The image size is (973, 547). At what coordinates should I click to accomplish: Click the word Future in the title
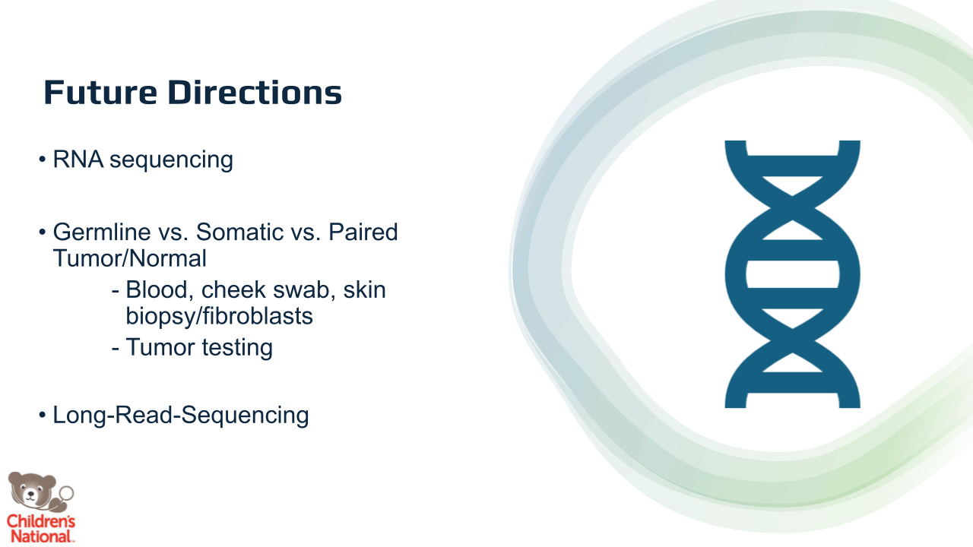(x=100, y=93)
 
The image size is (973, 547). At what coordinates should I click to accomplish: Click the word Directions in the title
(x=255, y=93)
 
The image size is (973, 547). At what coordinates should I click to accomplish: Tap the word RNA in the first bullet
(x=78, y=159)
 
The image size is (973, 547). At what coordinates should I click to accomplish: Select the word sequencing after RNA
(x=171, y=160)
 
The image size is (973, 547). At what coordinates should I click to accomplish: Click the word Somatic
(x=239, y=232)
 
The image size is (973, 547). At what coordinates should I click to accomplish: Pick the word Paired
(x=363, y=232)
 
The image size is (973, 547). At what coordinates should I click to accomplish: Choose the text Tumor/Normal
(x=129, y=258)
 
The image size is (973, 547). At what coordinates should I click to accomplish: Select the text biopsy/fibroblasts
(x=220, y=317)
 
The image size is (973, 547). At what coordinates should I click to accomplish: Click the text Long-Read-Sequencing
(x=181, y=416)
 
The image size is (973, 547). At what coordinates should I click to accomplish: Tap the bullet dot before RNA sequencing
(x=42, y=160)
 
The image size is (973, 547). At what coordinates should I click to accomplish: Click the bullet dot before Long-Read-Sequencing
(x=42, y=415)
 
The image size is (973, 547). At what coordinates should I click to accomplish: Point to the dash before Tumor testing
(x=115, y=348)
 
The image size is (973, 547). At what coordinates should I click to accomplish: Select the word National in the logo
(x=41, y=536)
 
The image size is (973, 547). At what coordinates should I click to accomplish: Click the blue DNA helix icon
(x=792, y=274)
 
